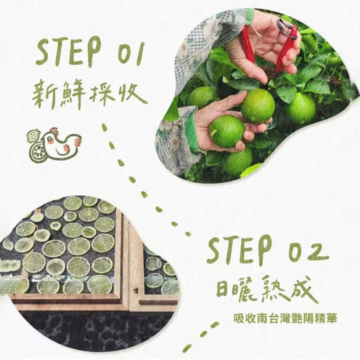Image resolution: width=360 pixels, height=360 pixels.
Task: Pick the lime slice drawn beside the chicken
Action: [37, 151]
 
